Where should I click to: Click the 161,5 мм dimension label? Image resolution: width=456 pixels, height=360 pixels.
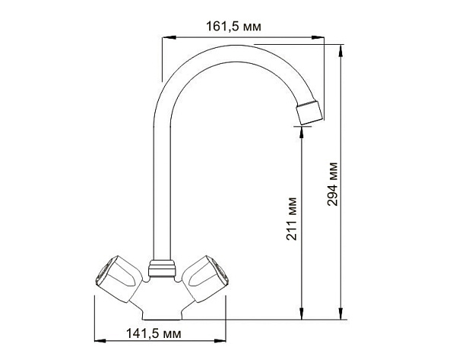coord(233,27)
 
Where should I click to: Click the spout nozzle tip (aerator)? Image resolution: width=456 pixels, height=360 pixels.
coord(309,112)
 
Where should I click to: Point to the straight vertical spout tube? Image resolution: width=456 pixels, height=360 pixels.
coord(159,190)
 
